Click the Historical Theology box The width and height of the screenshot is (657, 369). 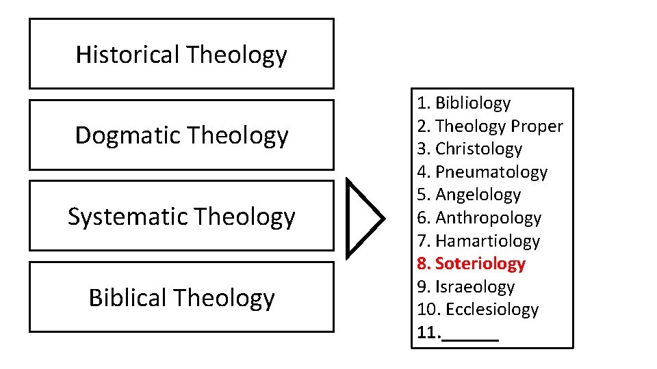(181, 54)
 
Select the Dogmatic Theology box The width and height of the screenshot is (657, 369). (181, 135)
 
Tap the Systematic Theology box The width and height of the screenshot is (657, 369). (181, 216)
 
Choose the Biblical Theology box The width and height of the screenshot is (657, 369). (181, 297)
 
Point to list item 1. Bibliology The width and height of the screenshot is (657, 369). (464, 103)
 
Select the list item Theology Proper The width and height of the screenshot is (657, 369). (490, 126)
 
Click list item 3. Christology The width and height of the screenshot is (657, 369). (469, 149)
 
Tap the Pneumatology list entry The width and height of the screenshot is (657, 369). (482, 172)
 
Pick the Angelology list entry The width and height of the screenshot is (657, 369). (469, 195)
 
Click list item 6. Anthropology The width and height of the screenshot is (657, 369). (479, 218)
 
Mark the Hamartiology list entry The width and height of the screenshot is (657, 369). (478, 241)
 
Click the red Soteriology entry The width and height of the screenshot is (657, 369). (471, 264)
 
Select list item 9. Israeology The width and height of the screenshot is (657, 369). (465, 287)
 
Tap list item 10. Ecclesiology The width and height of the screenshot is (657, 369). (478, 310)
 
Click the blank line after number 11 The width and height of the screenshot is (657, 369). (471, 334)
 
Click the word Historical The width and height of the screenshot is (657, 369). (127, 54)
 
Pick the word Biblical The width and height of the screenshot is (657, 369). (128, 297)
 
